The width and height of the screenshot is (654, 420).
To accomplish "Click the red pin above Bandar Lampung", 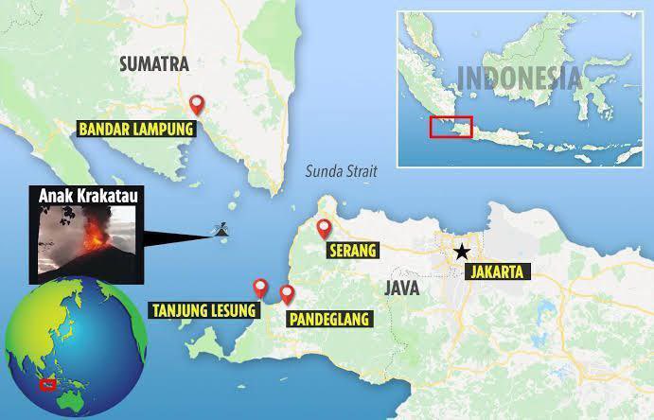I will point(197,104).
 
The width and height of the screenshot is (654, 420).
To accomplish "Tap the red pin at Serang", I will point(324,227).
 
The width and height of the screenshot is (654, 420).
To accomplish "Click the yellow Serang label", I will point(351,251).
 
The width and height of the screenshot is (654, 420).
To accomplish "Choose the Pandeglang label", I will point(330,319).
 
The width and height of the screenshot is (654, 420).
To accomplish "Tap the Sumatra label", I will point(151,64).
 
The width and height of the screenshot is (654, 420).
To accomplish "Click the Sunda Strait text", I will point(342,172).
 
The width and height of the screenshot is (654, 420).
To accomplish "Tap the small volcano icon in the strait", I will point(221,230).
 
